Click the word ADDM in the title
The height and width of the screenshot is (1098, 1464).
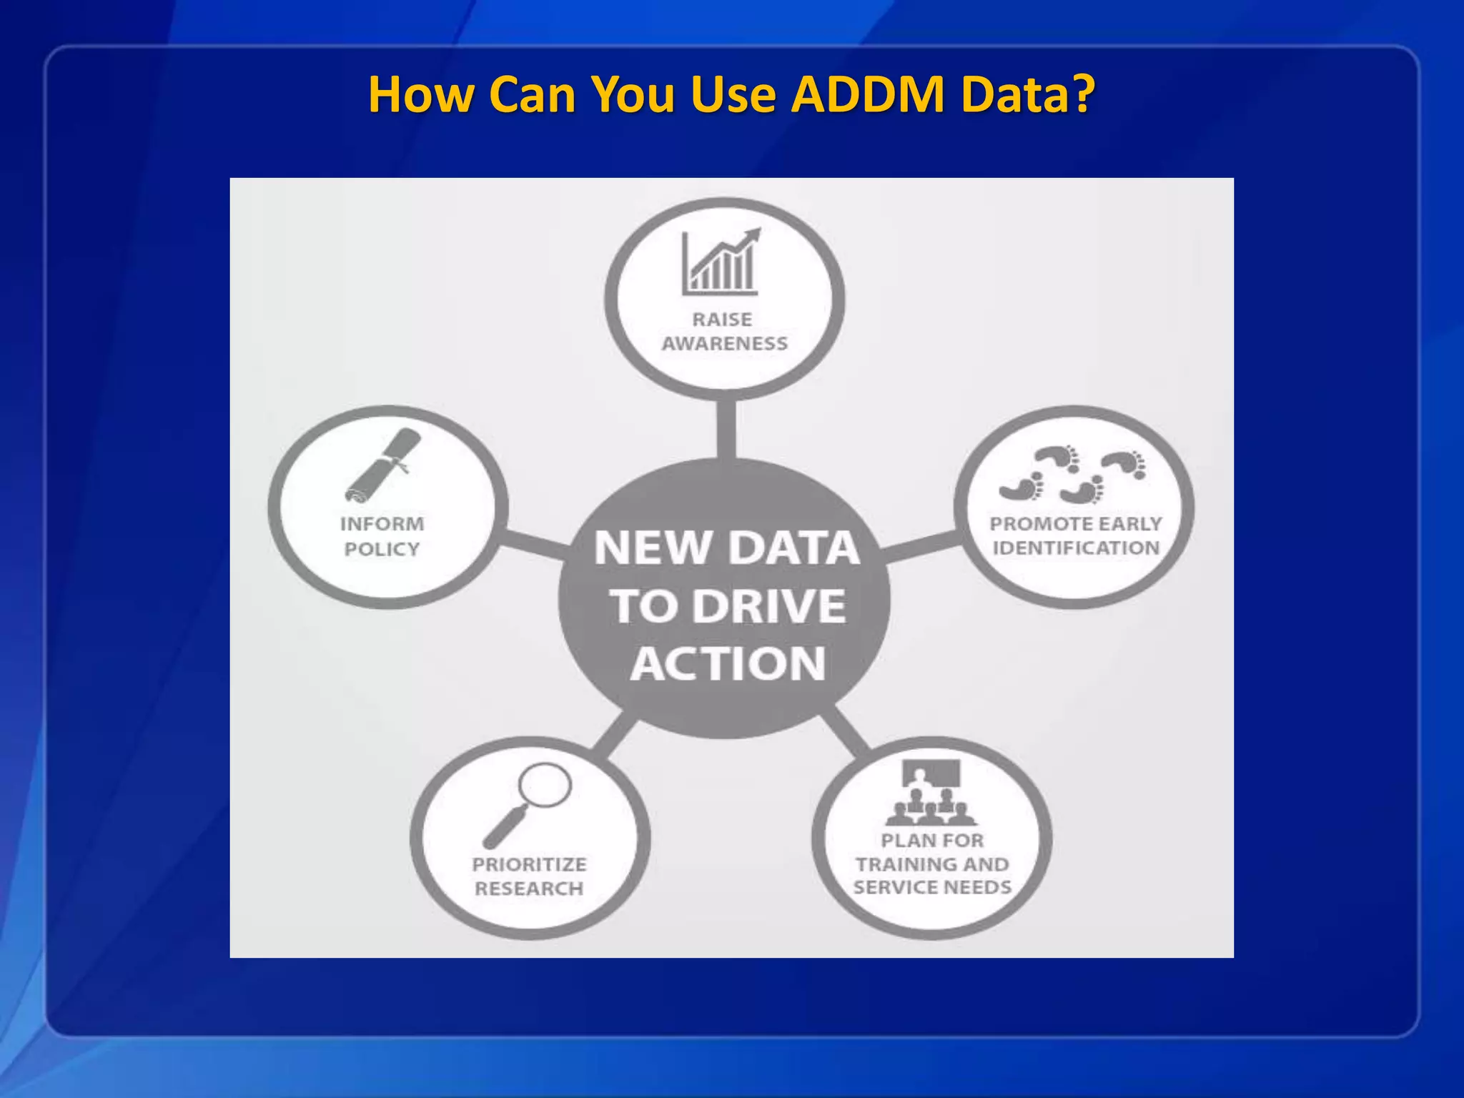point(869,94)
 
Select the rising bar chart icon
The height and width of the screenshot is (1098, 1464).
point(721,262)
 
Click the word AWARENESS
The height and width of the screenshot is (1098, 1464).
point(724,344)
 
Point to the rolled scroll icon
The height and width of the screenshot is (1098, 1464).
point(383,465)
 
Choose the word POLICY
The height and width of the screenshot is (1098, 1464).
point(382,549)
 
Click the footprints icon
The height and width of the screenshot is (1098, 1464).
point(1072,474)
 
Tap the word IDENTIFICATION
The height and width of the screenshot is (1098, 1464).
point(1075,548)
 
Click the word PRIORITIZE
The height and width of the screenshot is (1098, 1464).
point(529,864)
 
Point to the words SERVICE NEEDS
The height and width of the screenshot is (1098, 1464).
point(932,888)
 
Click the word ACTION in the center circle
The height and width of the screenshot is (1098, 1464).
point(727,663)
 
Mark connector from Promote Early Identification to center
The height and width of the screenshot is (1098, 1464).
point(920,546)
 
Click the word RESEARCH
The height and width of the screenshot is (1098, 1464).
point(529,889)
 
